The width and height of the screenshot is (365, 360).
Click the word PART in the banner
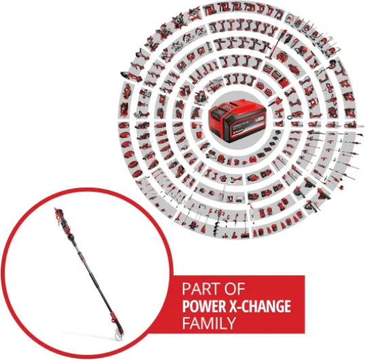pyautogui.click(x=198, y=289)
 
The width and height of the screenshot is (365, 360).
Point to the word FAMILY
pyautogui.click(x=208, y=323)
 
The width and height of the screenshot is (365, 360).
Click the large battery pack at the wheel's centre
pyautogui.click(x=237, y=120)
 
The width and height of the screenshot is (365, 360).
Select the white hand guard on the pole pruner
pyautogui.click(x=119, y=336)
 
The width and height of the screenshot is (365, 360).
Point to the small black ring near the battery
pyautogui.click(x=289, y=117)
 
